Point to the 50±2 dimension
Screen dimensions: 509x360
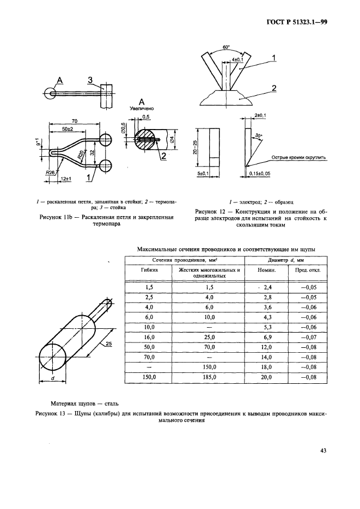pyautogui.click(x=68, y=129)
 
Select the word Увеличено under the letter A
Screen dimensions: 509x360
pyautogui.click(x=142, y=108)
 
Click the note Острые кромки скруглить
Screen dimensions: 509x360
pyautogui.click(x=298, y=158)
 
